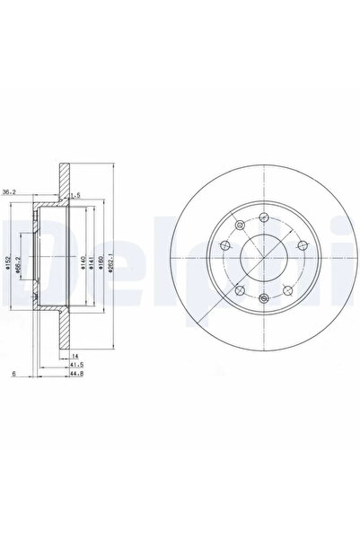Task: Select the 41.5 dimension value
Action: click(x=77, y=367)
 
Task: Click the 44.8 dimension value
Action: click(x=79, y=376)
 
